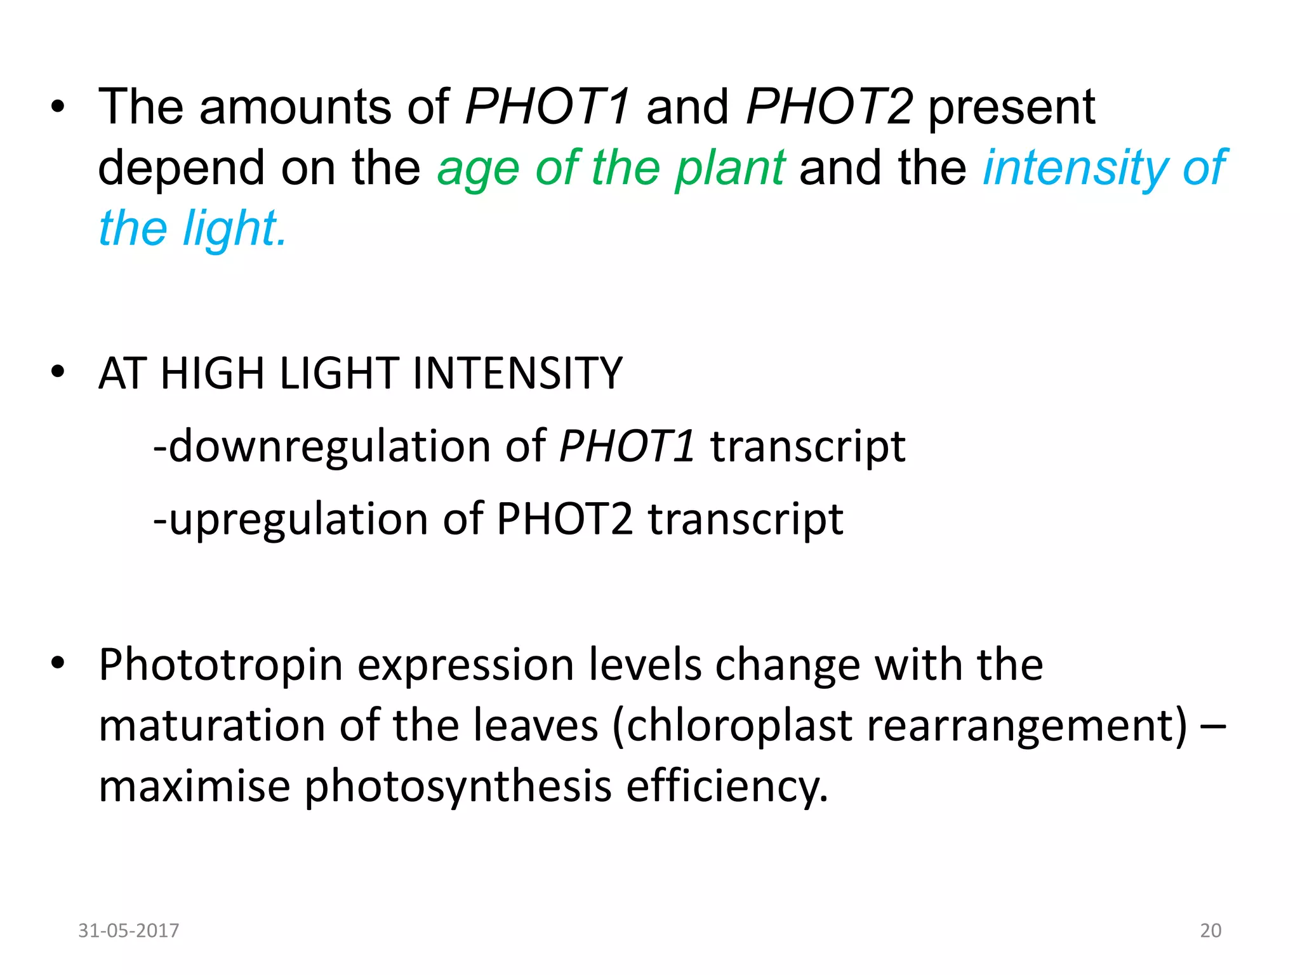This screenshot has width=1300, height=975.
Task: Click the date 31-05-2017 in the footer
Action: click(x=128, y=930)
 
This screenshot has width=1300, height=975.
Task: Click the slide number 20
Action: click(x=1210, y=930)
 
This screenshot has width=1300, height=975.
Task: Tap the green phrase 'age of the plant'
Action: click(x=611, y=168)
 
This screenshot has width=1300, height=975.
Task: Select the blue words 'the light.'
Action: click(x=192, y=229)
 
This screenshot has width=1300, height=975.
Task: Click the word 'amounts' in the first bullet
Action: click(x=295, y=107)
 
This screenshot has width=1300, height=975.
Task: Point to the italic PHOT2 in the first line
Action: click(x=829, y=107)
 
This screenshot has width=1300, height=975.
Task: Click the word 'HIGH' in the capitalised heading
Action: click(x=212, y=373)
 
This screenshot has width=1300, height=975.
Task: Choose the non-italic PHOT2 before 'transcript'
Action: click(x=564, y=519)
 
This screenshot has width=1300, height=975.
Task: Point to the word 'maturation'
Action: click(x=212, y=726)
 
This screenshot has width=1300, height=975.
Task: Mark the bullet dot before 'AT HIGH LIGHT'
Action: click(x=58, y=372)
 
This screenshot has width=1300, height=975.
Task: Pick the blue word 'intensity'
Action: click(x=1075, y=168)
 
